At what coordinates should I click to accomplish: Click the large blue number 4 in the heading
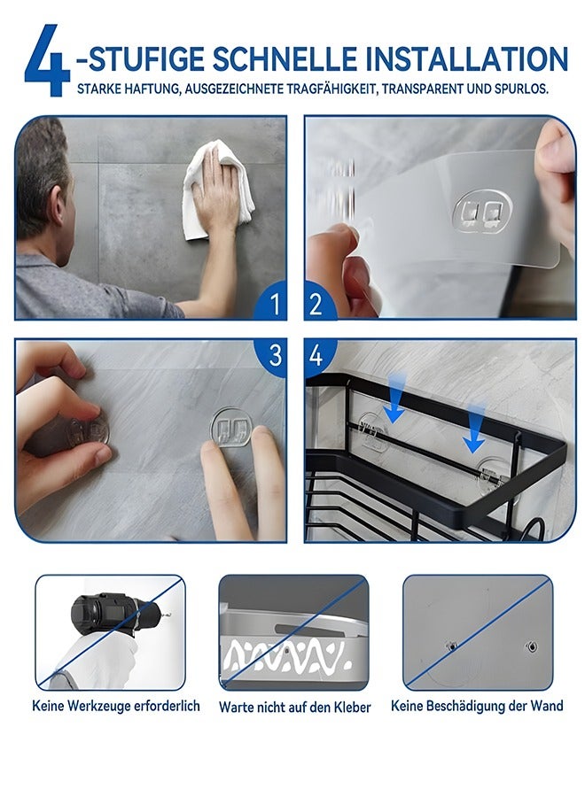coord(47,60)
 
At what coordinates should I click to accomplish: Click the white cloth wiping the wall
coord(218,190)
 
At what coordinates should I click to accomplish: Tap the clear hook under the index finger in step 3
coord(231,427)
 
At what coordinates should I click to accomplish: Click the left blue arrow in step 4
coord(396,397)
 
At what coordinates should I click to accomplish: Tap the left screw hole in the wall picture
coord(451,646)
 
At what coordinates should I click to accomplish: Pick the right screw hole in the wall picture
coord(531,646)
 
